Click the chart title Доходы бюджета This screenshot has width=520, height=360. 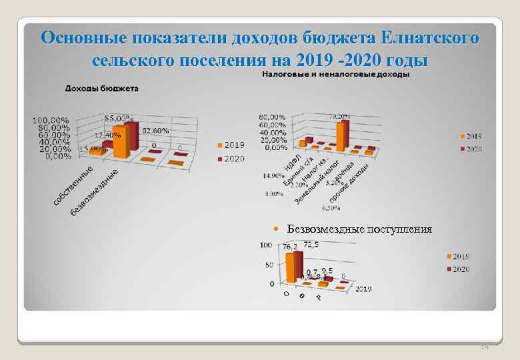click(x=101, y=88)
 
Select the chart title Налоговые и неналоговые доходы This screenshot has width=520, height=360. click(x=335, y=75)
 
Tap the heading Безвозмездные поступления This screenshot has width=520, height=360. click(x=359, y=229)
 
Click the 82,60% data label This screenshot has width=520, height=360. click(x=155, y=130)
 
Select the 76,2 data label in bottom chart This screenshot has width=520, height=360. click(x=290, y=247)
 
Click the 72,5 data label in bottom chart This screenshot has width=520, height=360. click(x=311, y=245)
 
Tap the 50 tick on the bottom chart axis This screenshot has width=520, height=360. click(x=269, y=265)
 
